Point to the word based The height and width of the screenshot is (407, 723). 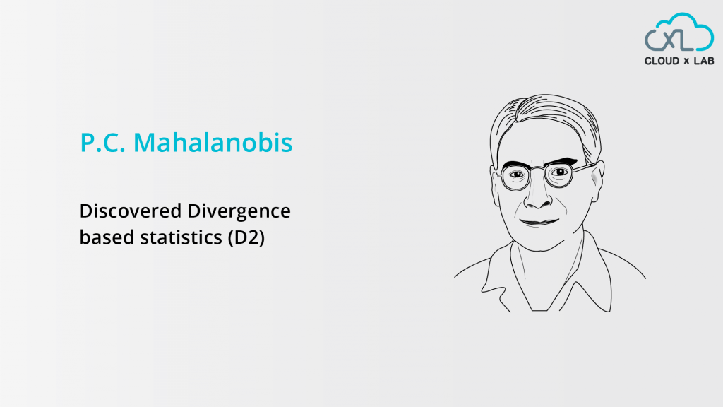click(100, 238)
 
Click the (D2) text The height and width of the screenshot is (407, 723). click(246, 238)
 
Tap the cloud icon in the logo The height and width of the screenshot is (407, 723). click(679, 33)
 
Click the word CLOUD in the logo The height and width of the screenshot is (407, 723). click(662, 61)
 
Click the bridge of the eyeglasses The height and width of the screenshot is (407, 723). click(538, 170)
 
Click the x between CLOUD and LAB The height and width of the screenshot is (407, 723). click(683, 61)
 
